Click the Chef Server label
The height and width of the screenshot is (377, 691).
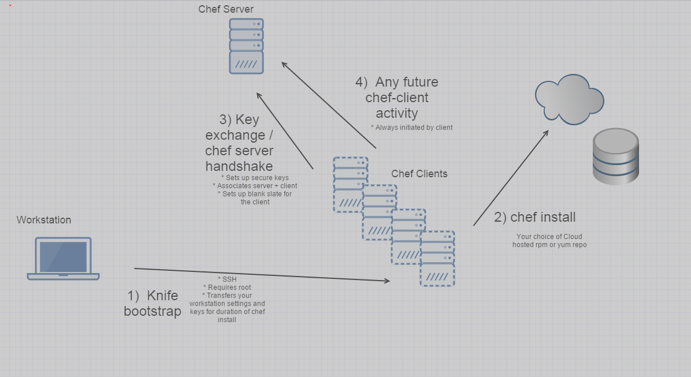pos(225,9)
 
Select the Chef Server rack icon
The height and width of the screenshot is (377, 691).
pos(246,46)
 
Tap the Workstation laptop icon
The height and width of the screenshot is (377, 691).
pos(63,259)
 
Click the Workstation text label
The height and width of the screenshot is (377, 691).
pos(44,220)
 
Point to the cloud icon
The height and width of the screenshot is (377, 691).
pos(569,99)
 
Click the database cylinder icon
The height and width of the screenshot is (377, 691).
pos(615,156)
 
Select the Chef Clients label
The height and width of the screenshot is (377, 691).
pos(419,174)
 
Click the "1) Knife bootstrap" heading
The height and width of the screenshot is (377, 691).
pos(153,304)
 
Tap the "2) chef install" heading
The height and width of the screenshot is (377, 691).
pos(534,218)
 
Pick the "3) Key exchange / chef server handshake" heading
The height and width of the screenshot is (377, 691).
pos(239,143)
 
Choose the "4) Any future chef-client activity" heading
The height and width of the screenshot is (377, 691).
pos(397,98)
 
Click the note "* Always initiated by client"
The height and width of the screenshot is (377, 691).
pos(411,128)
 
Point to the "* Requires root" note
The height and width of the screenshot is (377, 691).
pos(227,288)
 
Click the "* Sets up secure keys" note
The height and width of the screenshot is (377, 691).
pos(255,178)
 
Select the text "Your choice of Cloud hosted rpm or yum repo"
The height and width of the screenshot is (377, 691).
pos(549,241)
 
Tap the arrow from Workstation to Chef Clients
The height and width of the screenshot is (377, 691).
pos(260,275)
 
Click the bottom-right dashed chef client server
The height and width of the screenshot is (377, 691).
pos(437,259)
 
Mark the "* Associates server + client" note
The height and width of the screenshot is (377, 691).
pos(255,186)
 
